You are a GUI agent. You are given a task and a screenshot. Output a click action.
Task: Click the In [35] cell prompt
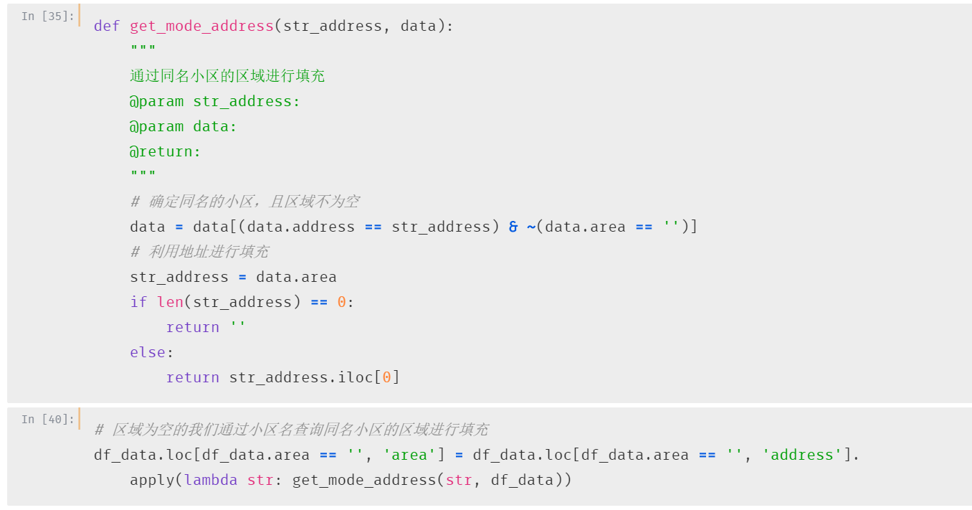48,16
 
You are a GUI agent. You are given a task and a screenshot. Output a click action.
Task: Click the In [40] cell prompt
48,420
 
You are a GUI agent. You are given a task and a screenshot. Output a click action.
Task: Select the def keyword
107,26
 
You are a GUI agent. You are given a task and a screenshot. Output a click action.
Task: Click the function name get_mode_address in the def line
201,27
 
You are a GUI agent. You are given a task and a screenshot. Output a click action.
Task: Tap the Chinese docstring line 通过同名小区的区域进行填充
227,76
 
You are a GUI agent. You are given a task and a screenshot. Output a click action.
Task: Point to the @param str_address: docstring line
215,102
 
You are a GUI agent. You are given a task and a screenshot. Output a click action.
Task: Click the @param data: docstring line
183,127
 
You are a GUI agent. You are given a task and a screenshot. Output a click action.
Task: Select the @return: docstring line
166,152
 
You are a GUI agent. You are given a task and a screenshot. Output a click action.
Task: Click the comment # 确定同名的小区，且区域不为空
245,202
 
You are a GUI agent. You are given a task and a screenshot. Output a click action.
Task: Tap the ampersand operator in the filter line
513,227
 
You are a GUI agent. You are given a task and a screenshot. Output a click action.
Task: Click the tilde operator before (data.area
531,227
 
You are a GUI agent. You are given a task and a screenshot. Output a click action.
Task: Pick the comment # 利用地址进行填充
200,252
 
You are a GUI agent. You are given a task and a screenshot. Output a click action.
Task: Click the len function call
170,302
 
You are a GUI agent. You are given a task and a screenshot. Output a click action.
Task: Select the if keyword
138,302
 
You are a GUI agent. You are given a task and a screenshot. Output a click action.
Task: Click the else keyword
148,352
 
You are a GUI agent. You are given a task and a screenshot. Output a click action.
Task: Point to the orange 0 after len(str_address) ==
341,302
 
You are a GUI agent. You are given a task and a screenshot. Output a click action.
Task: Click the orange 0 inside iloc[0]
386,377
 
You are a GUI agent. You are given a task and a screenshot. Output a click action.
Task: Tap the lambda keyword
211,480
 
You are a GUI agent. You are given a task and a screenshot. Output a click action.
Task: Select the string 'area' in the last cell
409,455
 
